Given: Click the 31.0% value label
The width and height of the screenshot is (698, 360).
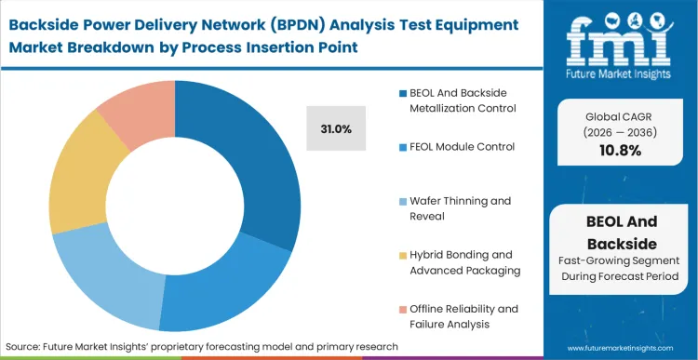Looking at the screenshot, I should coord(335,129).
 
